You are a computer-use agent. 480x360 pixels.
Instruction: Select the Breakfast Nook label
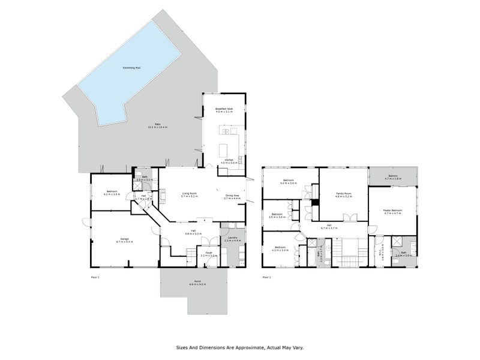click(x=224, y=109)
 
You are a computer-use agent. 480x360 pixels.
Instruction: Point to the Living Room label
click(x=190, y=193)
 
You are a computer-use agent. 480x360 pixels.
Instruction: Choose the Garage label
click(x=125, y=239)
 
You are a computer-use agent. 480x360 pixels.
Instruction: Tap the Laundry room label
click(x=232, y=238)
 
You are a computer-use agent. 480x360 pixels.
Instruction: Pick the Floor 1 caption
click(x=94, y=277)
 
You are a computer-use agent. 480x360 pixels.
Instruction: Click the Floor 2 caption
click(x=266, y=277)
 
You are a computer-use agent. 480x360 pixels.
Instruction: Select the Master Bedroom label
click(x=392, y=210)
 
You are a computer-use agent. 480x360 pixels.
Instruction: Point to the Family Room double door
click(x=346, y=217)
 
